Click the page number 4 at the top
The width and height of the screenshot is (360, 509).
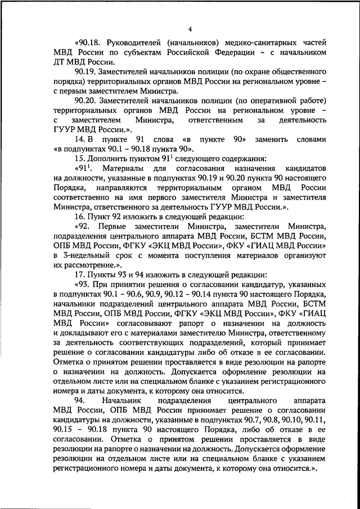click(190, 29)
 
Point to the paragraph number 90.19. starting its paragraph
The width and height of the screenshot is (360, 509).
click(84, 73)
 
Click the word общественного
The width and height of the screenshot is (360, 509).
click(296, 73)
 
